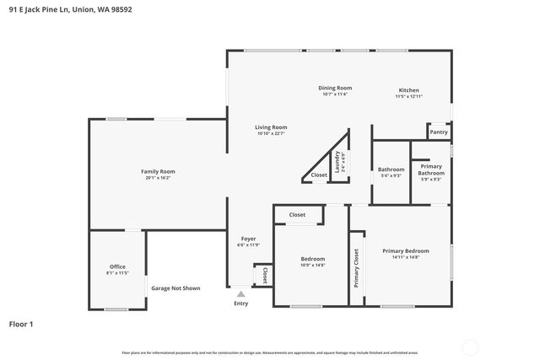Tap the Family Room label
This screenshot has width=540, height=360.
pyautogui.click(x=158, y=175)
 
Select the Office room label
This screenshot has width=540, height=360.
pyautogui.click(x=117, y=270)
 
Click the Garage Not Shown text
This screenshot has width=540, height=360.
pyautogui.click(x=175, y=288)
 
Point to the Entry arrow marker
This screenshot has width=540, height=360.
pyautogui.click(x=240, y=294)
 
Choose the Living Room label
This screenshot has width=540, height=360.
pyautogui.click(x=271, y=130)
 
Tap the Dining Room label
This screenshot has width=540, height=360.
pyautogui.click(x=335, y=90)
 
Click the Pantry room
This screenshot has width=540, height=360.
pyautogui.click(x=439, y=132)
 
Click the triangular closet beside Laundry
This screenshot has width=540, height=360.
pyautogui.click(x=319, y=175)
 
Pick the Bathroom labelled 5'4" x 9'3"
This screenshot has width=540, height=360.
pyautogui.click(x=391, y=172)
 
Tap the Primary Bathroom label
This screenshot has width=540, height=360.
pyautogui.click(x=430, y=172)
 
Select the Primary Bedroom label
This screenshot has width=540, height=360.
pyautogui.click(x=405, y=254)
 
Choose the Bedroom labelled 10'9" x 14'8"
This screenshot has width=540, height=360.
pyautogui.click(x=312, y=261)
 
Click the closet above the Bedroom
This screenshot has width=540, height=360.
pyautogui.click(x=297, y=215)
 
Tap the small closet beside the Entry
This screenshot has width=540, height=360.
pyautogui.click(x=264, y=275)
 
